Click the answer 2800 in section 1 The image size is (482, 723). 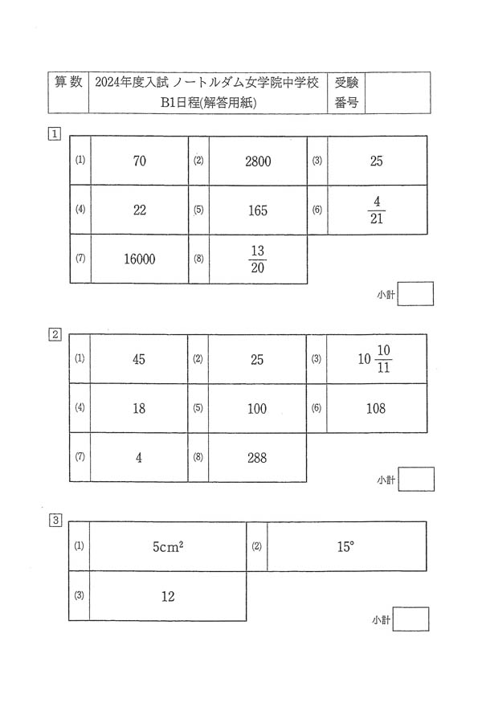coord(258,161)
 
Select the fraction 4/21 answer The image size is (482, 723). coord(376,210)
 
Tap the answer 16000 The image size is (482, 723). coord(140,259)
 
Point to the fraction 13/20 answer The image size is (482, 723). coord(258,259)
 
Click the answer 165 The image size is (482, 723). coord(258,210)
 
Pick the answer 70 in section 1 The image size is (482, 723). coord(140,161)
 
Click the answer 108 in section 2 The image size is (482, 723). coord(375,408)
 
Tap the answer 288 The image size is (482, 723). coord(257,457)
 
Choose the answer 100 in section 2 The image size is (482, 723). coord(257,408)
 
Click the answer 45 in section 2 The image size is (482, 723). coord(139,359)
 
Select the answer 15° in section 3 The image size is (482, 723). coord(345,546)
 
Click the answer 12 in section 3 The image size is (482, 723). coord(168,596)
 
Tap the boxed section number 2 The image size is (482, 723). coord(55,334)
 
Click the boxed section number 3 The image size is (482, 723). coord(55,521)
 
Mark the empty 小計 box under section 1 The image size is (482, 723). coord(415,294)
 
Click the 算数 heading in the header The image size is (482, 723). coord(69,83)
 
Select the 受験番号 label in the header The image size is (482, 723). coord(346,92)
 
